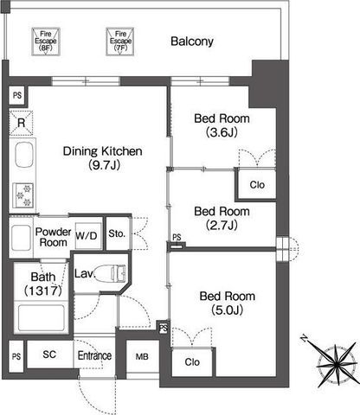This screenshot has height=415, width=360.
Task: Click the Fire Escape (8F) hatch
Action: pyautogui.click(x=46, y=41)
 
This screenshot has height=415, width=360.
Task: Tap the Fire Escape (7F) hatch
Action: pyautogui.click(x=120, y=41)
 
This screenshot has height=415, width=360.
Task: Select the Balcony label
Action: pyautogui.click(x=192, y=41)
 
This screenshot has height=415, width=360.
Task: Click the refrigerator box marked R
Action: pyautogui.click(x=21, y=123)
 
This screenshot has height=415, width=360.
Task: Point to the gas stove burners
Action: pyautogui.click(x=22, y=195)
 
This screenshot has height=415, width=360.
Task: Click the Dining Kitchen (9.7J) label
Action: pyautogui.click(x=103, y=158)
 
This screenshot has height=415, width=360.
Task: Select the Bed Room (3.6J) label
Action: pyautogui.click(x=222, y=125)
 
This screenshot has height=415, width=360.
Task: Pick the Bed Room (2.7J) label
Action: pyautogui.click(x=222, y=219)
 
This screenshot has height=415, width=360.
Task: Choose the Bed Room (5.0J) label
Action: pyautogui.click(x=228, y=303)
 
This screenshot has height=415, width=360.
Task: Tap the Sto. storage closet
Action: pyautogui.click(x=118, y=233)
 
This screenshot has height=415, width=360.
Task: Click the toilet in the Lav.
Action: pyautogui.click(x=111, y=273)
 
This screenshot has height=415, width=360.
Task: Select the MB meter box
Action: pyautogui.click(x=143, y=357)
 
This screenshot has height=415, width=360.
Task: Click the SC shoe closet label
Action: pyautogui.click(x=49, y=354)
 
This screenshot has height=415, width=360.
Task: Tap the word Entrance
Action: pyautogui.click(x=94, y=355)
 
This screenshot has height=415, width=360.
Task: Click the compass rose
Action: pyautogui.click(x=337, y=365)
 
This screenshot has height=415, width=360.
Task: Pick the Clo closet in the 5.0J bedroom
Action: pyautogui.click(x=192, y=362)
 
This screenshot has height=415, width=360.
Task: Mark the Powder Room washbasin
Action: pyautogui.click(x=21, y=238)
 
